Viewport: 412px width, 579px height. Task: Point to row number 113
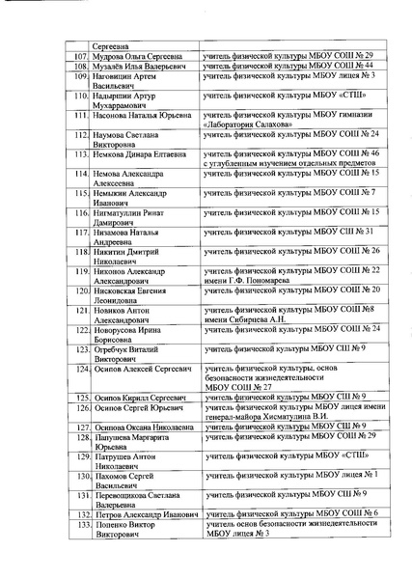click(80, 152)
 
